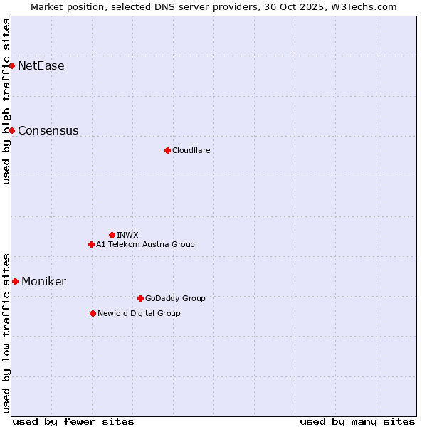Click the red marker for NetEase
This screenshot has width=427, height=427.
[11, 66]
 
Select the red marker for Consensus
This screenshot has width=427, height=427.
[11, 130]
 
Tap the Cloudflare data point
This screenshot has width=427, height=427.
[167, 150]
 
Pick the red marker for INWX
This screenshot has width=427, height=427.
[112, 235]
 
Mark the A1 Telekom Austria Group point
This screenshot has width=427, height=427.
[91, 244]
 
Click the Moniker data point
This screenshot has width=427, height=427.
[15, 281]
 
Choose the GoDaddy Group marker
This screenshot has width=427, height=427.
[140, 298]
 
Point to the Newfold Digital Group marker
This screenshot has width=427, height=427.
[93, 313]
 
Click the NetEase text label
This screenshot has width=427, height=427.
[41, 66]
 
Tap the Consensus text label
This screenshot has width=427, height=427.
[48, 130]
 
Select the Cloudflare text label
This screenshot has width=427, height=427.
[191, 150]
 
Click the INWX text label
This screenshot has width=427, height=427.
[128, 235]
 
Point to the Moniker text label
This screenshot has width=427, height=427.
[44, 281]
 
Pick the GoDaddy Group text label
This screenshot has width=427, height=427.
[175, 298]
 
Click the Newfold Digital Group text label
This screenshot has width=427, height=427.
[139, 313]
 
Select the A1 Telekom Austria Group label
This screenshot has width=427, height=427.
[146, 244]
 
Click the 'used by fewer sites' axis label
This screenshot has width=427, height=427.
[73, 421]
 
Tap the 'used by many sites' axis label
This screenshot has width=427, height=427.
[357, 421]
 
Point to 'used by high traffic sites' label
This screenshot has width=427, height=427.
[7, 101]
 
